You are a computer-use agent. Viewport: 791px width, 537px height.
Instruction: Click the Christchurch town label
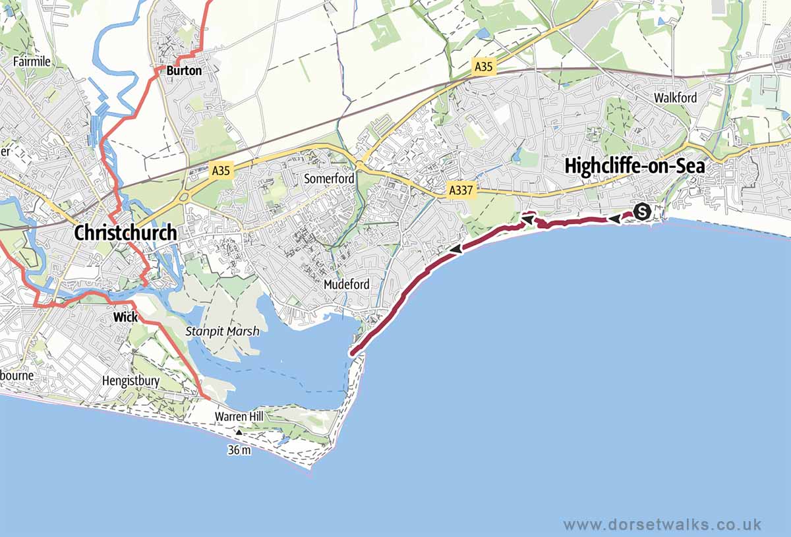pos(125,233)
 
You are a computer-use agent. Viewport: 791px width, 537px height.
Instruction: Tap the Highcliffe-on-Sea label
pos(634,167)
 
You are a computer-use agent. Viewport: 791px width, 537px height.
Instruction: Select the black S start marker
pos(642,212)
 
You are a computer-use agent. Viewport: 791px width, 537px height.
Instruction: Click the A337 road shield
pos(461,190)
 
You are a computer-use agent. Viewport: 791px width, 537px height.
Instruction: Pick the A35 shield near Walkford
pos(483,67)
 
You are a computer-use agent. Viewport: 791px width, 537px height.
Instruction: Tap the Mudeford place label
pos(346,285)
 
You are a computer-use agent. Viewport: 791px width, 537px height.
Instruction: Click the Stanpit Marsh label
pos(222,332)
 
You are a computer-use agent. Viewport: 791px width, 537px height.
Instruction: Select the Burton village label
pos(184,70)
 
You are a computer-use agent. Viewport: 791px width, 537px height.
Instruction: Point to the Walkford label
pos(675,98)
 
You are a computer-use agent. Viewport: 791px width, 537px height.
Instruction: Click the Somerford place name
pos(329,179)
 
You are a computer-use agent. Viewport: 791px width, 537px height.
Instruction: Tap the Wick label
pos(125,317)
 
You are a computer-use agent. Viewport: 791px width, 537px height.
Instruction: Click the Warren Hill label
pos(239,416)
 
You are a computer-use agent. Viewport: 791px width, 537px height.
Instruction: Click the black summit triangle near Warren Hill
pos(239,433)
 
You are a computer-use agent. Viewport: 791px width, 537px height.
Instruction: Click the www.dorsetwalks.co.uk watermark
pos(662,524)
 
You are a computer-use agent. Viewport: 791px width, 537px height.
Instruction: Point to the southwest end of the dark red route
pos(353,354)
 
